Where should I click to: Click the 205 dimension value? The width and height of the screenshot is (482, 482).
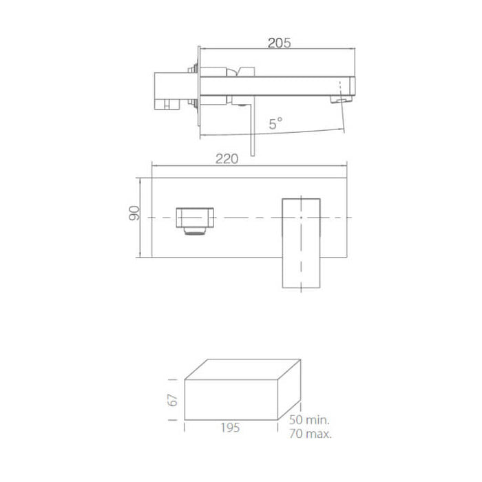click(x=278, y=42)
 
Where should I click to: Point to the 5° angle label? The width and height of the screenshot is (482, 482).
click(x=275, y=124)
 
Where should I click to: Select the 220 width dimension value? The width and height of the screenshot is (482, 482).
click(x=227, y=159)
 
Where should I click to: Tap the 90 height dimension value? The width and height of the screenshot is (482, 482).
click(x=135, y=213)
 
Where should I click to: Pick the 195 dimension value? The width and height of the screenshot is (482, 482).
click(x=231, y=428)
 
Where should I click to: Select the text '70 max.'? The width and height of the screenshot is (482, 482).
click(x=311, y=434)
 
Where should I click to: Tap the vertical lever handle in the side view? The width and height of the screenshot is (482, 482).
click(x=253, y=131)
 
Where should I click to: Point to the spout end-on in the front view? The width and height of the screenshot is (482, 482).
click(x=196, y=217)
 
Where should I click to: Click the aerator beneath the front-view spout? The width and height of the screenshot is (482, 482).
click(x=197, y=232)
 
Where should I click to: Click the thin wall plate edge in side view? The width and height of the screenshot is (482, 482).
click(x=200, y=90)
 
